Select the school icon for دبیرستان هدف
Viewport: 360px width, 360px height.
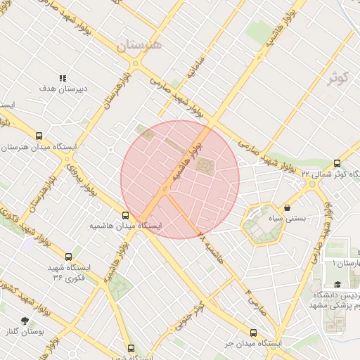[x=62, y=78]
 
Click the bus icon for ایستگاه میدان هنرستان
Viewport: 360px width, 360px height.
[x=39, y=136]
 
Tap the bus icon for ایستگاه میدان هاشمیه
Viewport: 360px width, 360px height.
[x=126, y=215]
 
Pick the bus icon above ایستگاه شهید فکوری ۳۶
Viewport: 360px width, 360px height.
[x=68, y=257]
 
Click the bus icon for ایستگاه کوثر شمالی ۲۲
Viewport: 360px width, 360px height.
[x=337, y=162]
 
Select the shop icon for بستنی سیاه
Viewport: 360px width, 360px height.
[x=288, y=207]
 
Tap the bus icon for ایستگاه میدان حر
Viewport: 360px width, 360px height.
[x=253, y=333]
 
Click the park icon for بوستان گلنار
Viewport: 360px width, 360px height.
[x=26, y=321]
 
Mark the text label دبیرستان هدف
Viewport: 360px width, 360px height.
[x=62, y=89]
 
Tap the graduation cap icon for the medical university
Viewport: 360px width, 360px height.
[x=338, y=284]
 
